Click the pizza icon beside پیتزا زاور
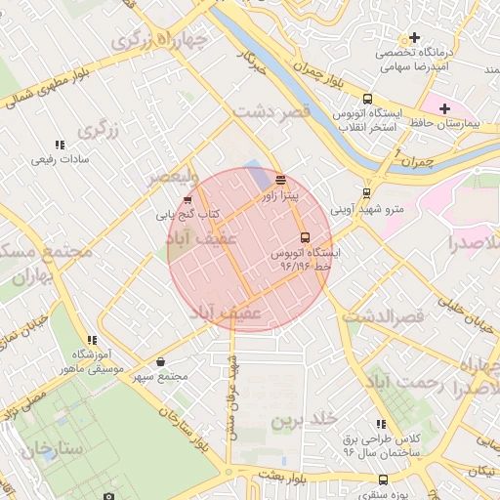coord(281,180)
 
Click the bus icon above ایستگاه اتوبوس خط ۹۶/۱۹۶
coord(305,237)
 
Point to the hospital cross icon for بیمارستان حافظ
coord(445,108)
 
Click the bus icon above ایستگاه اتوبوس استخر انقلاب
coord(367,99)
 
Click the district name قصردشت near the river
coord(271,112)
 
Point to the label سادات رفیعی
coord(61,159)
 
